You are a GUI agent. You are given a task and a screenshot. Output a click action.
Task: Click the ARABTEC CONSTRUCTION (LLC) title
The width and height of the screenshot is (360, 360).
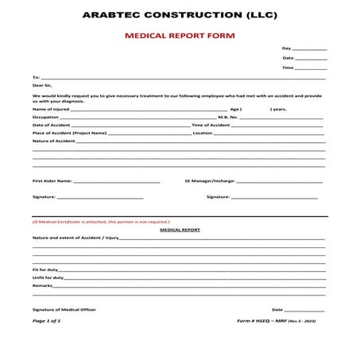point(179,16)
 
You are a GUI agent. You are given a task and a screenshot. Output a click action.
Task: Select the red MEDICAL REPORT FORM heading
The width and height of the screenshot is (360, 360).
point(179,37)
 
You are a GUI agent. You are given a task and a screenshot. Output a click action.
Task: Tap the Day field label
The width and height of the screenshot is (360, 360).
point(286,48)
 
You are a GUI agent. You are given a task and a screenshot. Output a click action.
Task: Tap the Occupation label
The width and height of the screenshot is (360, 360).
point(45,117)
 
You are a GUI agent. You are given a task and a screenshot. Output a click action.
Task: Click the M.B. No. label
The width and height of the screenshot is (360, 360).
point(228,117)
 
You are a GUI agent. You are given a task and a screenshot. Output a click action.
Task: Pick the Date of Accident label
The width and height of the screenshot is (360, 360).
point(52,125)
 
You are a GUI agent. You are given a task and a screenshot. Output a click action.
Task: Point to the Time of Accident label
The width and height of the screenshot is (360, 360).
point(211,125)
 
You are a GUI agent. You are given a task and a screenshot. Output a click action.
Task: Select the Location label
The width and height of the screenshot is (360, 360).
point(203,133)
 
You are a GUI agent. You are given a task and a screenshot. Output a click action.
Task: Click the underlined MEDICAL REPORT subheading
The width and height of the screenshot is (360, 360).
point(180,229)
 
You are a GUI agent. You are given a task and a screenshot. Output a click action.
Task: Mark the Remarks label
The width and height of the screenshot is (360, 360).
point(42,285)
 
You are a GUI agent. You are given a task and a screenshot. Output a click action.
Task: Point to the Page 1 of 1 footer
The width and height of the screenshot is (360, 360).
point(46,321)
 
